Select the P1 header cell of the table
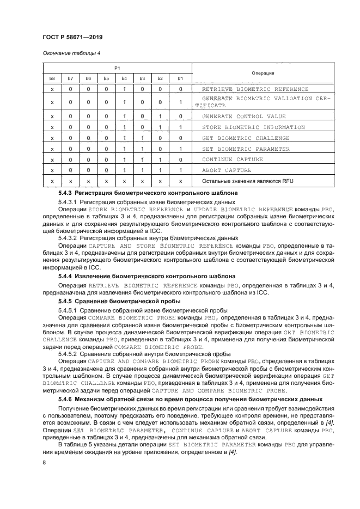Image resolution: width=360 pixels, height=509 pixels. point(116,68)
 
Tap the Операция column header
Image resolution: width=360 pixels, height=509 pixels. point(263,72)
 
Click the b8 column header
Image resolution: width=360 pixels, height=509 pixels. point(52,78)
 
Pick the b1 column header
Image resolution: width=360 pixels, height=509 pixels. point(180,78)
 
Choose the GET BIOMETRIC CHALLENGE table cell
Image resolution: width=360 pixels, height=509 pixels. point(247,138)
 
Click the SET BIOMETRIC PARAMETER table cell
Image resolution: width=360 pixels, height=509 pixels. point(247,149)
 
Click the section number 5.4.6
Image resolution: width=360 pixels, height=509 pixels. point(65,400)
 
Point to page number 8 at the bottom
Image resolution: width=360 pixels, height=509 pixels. point(44,463)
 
